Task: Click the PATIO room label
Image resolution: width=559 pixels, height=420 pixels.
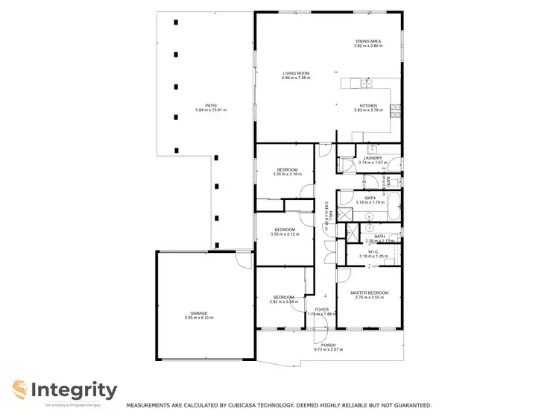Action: (x=210, y=105)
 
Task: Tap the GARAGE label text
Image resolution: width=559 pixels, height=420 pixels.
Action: (x=198, y=313)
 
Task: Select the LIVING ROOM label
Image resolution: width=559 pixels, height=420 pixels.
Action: (x=296, y=73)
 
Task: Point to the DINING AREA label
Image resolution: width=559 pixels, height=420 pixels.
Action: (x=368, y=41)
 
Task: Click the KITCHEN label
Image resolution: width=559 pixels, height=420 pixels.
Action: (x=368, y=105)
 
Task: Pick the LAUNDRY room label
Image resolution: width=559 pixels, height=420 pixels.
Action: (x=373, y=157)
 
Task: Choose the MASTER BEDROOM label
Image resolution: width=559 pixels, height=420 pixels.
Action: (x=369, y=292)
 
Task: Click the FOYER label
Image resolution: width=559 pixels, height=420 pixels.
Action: (x=321, y=309)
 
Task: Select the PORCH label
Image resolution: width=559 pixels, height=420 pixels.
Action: (x=328, y=345)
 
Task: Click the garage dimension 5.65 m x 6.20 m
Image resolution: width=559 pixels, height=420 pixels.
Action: (x=198, y=318)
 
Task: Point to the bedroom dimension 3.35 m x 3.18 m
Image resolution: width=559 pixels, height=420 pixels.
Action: (x=287, y=174)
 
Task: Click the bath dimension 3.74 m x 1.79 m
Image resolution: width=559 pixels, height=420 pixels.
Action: (x=370, y=202)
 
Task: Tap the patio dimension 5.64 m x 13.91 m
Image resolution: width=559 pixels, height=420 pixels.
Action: (x=210, y=110)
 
